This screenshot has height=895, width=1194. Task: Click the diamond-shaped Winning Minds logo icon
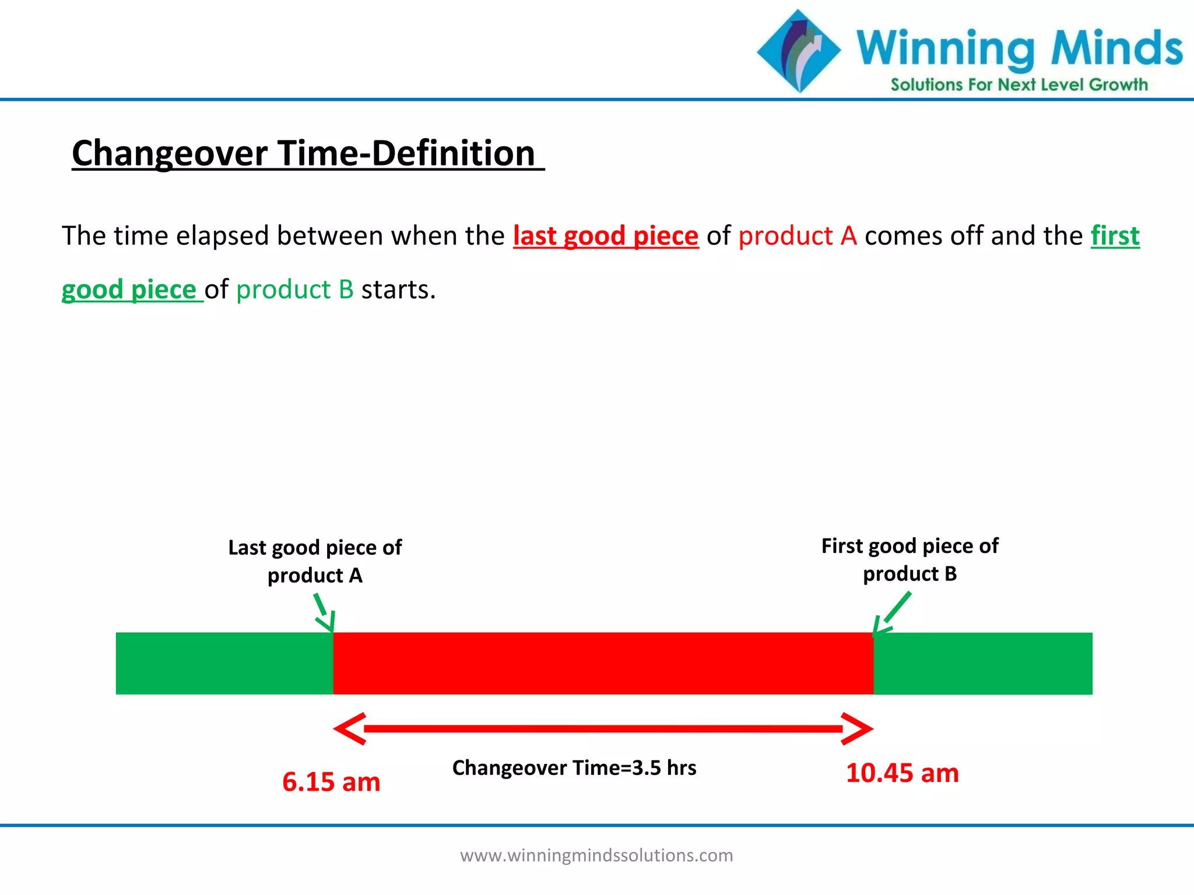799,51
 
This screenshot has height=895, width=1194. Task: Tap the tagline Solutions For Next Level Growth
1019,85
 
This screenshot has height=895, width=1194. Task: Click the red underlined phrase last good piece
605,236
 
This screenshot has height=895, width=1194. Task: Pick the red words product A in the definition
797,236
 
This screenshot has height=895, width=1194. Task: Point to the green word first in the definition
1115,236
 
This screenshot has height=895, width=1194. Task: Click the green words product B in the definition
295,290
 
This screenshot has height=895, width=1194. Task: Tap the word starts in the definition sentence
398,290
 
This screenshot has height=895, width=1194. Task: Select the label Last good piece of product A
315,561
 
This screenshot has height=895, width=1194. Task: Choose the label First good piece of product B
909,559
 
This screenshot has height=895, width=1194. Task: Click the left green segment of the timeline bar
224,663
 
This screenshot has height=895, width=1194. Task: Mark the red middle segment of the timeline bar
603,663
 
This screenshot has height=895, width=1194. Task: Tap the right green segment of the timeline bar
982,663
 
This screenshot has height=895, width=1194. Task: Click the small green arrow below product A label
325,614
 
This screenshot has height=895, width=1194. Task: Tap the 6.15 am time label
331,781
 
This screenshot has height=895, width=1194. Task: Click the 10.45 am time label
902,773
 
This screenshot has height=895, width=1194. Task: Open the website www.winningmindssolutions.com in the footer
596,855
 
